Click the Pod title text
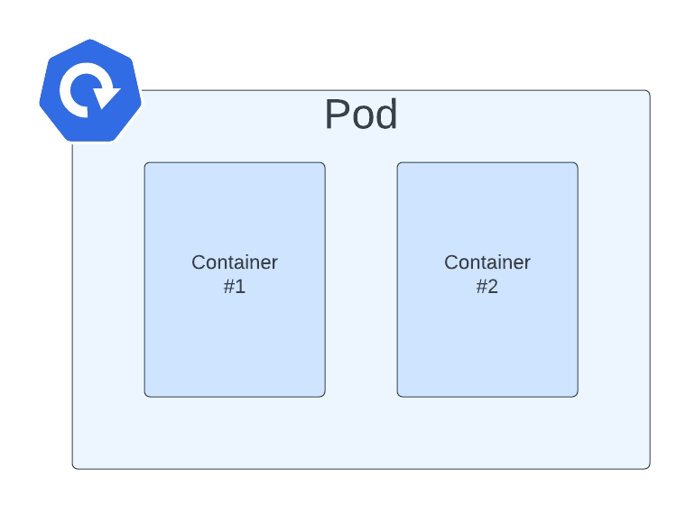[360, 115]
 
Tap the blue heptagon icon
[89, 90]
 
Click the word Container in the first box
[235, 262]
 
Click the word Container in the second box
[487, 262]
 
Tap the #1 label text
[235, 287]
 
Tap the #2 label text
[487, 287]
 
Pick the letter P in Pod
[337, 115]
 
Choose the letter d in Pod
[385, 115]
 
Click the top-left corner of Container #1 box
[146, 164]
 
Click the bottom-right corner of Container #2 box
[576, 395]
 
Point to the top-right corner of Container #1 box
[323, 164]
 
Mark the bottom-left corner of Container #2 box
[399, 395]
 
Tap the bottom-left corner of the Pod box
[74, 467]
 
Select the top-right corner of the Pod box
[648, 92]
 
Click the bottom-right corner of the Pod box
[648, 467]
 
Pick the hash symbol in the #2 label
[481, 287]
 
